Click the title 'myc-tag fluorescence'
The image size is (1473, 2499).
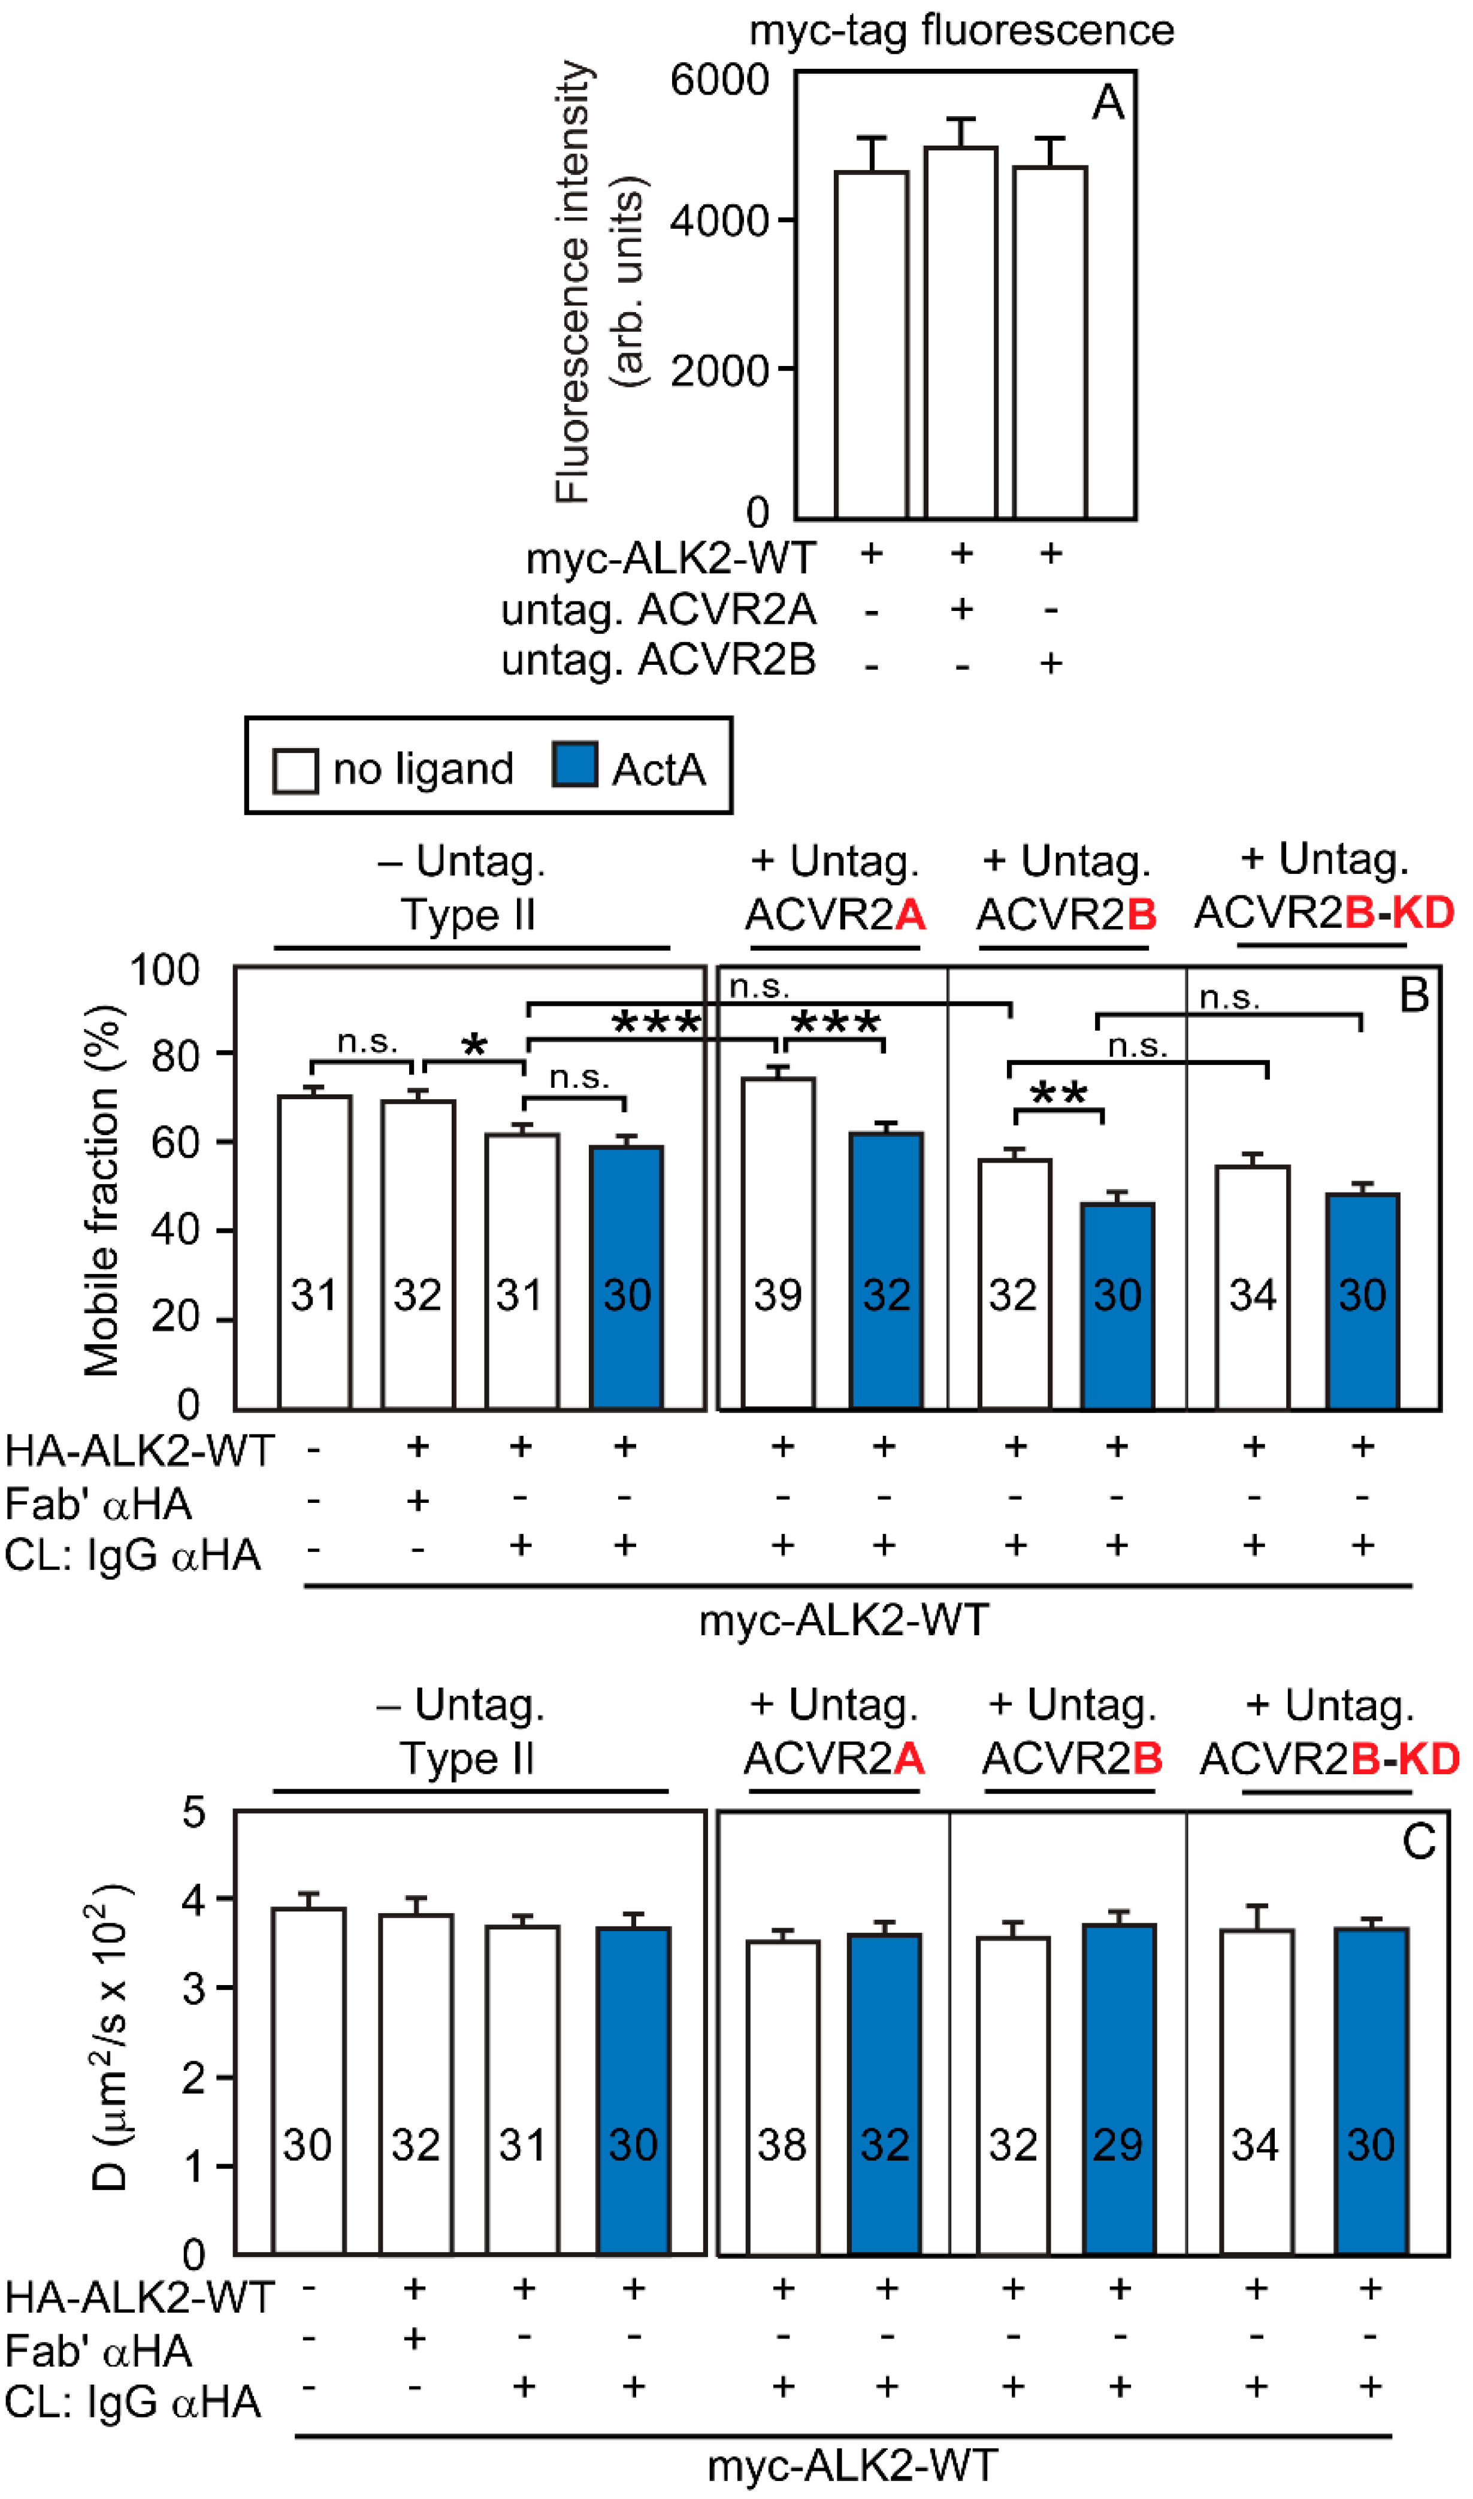(x=961, y=30)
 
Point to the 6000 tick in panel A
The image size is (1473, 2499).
(x=719, y=80)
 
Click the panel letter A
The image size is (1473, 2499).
(x=1108, y=102)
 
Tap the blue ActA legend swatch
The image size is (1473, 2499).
(x=574, y=765)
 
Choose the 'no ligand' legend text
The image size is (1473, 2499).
(x=423, y=769)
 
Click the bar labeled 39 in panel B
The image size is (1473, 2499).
(x=779, y=1241)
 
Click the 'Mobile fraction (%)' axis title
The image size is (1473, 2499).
(x=102, y=1190)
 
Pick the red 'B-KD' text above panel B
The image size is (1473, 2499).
(x=1399, y=912)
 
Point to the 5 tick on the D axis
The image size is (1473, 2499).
(x=195, y=1813)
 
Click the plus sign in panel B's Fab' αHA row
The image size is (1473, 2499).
(x=418, y=1502)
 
